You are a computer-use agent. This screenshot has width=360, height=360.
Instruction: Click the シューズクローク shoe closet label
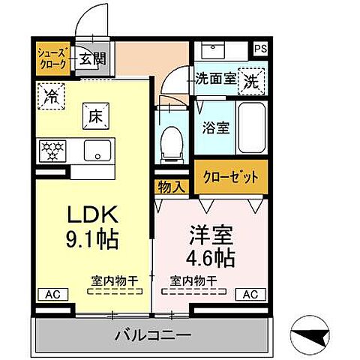pos(53,58)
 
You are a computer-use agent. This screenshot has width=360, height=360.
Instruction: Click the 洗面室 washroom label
pos(214,78)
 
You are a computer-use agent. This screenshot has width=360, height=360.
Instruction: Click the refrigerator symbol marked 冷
pos(52,95)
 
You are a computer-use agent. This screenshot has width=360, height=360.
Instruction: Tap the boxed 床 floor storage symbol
pos(96,117)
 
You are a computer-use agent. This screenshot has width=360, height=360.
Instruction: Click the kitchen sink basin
pos(97,150)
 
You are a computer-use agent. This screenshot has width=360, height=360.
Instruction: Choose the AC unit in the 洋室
pos(250,293)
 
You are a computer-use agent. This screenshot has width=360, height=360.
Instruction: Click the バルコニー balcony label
pos(154,334)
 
